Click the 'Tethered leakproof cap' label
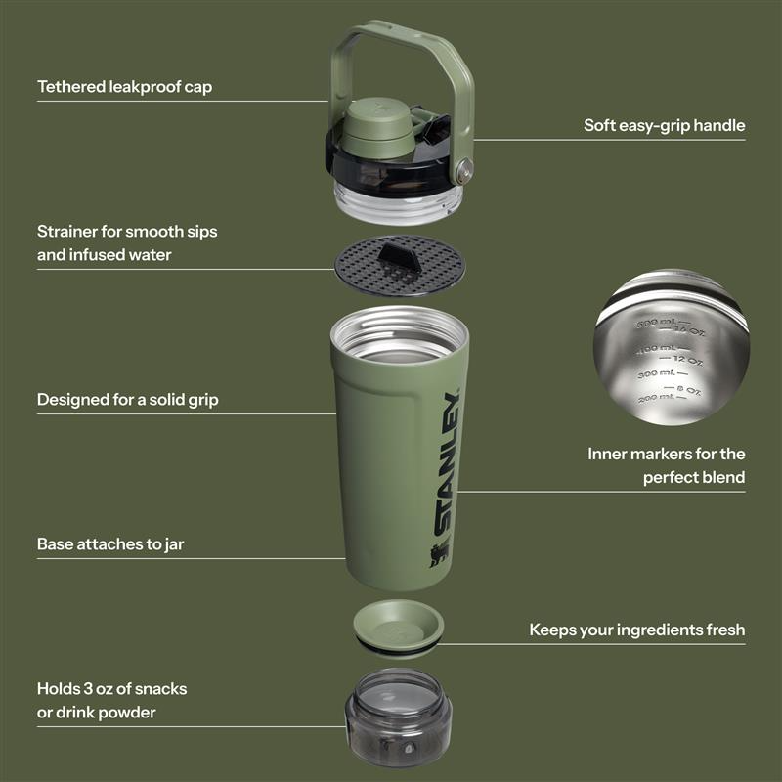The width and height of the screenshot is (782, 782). tap(124, 87)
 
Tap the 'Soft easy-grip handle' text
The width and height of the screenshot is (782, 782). tap(664, 125)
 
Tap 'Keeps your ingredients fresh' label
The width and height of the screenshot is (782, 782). tap(636, 630)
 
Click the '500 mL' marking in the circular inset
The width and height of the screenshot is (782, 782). tap(654, 323)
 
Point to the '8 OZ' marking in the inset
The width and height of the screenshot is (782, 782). tap(689, 390)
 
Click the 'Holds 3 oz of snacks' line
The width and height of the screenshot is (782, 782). tap(111, 688)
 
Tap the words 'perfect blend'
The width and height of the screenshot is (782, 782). tap(694, 477)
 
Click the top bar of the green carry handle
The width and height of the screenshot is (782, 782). tap(402, 35)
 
